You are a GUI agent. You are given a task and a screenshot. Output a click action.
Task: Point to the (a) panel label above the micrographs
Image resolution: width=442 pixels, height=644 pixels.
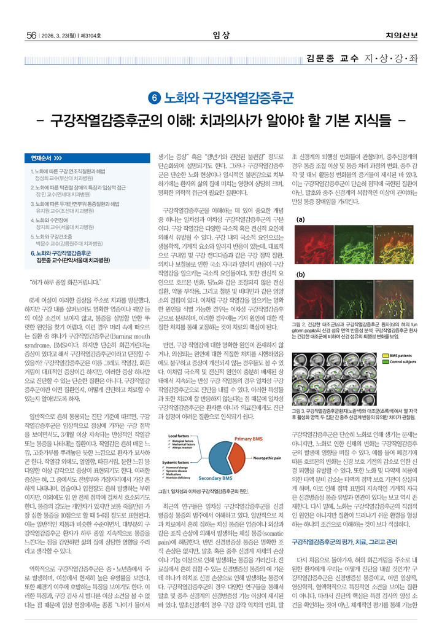point(301,219)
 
